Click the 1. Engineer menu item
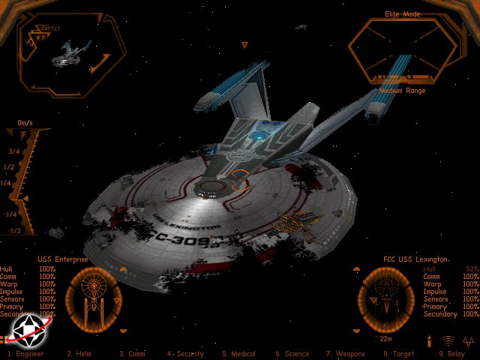pos(25,354)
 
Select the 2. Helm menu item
pos(79,354)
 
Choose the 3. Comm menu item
pos(133,354)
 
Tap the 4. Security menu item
pos(186,354)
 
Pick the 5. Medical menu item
pos(238,354)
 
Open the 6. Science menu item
pos(292,354)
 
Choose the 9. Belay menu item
pos(451,354)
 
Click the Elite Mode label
pos(403,13)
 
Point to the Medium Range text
pos(402,91)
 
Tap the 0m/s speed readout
pos(25,122)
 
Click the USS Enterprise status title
pos(63,259)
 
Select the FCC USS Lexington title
pos(416,259)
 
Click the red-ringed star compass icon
pos(26,328)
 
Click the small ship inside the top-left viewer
pos(67,52)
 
